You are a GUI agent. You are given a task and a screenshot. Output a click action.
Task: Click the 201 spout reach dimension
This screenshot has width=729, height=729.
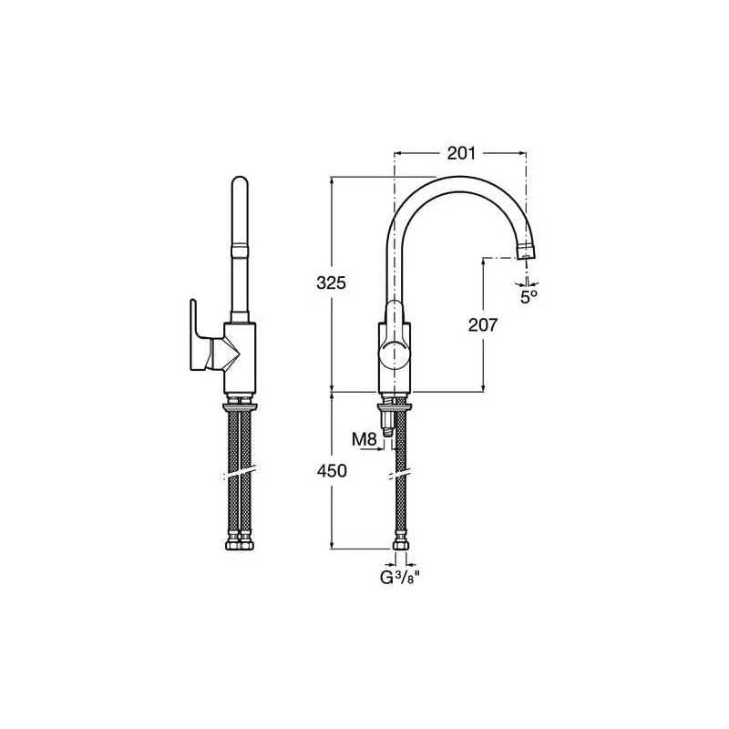[x=461, y=153]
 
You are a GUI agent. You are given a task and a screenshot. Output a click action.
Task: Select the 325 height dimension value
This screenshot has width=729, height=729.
[x=331, y=282]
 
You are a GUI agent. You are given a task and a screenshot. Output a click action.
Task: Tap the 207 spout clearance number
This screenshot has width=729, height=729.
[x=483, y=325]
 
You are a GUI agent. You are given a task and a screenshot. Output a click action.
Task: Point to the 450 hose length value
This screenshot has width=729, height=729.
[x=332, y=471]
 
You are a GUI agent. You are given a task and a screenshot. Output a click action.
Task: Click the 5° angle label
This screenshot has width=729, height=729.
[x=529, y=297]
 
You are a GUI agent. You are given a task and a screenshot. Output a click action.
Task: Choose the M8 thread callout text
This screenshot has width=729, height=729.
[x=364, y=439]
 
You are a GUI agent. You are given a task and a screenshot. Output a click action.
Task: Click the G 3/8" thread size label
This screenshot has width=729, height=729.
[x=400, y=578]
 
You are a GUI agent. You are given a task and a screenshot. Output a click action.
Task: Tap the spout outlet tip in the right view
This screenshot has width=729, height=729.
[x=527, y=252]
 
